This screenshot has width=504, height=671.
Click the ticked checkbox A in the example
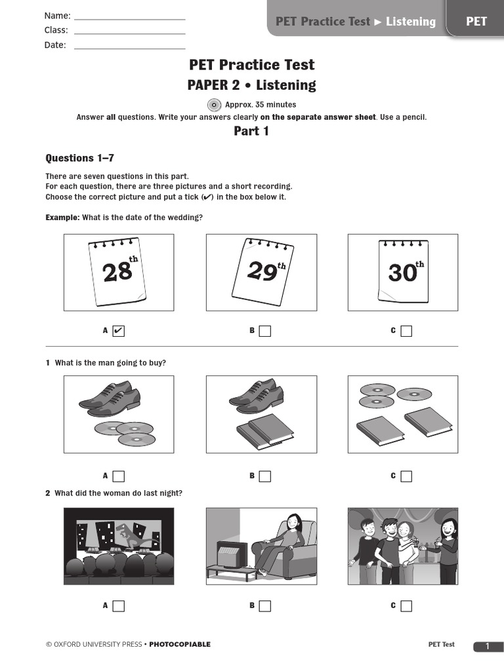coord(118,331)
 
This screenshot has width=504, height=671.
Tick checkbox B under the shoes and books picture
coord(264,476)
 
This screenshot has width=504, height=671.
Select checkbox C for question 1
coord(406,476)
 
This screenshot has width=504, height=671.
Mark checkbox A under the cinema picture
coord(118,606)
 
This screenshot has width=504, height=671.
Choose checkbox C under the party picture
coord(406,606)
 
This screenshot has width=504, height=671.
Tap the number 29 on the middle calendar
coord(262,271)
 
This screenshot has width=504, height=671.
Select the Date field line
coord(129,46)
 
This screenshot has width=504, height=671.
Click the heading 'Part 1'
coord(251,131)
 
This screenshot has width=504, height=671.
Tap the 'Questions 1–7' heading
coord(80,158)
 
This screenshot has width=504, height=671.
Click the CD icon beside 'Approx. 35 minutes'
coord(214,105)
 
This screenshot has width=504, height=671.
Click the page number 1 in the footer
coord(488,647)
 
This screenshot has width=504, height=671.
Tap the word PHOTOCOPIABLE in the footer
coord(180,645)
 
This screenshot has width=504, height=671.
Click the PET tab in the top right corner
coord(476,22)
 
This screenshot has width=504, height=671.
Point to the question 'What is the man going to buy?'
coord(110,363)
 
